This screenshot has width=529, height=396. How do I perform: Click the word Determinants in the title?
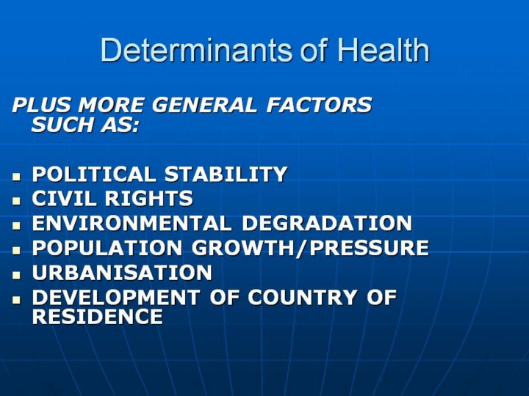(x=196, y=50)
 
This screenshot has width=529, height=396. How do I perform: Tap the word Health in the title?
(x=384, y=50)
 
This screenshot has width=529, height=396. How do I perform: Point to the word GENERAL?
(x=204, y=105)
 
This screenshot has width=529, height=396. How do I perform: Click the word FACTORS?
(x=319, y=105)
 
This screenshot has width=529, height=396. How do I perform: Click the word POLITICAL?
(x=94, y=174)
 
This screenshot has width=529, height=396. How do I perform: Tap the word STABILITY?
(x=226, y=174)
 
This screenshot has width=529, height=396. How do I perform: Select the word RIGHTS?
(x=148, y=198)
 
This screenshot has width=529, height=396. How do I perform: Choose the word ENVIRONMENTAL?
(x=132, y=223)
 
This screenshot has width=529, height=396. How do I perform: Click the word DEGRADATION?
(x=327, y=223)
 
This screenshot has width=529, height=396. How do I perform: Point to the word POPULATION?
(x=107, y=248)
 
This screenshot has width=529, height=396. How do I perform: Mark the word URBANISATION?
(x=122, y=272)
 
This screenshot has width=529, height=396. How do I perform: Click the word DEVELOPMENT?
(x=116, y=297)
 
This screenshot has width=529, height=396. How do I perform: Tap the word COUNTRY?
(x=303, y=297)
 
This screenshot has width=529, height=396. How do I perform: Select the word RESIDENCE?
(x=98, y=317)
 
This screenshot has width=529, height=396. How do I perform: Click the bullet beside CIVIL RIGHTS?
(x=16, y=201)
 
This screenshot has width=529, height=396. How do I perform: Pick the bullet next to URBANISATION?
(x=16, y=275)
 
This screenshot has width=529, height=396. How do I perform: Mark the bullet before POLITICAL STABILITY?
(x=16, y=176)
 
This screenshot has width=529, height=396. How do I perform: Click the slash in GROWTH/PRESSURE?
(x=302, y=248)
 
